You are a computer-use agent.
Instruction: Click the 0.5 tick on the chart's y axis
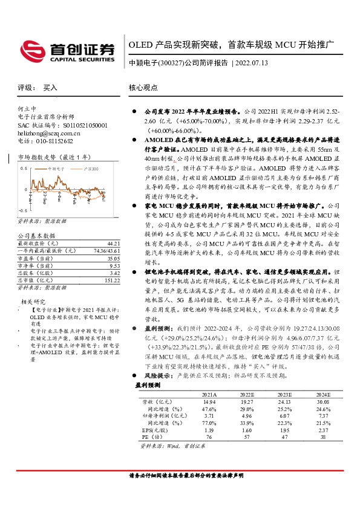pyautogui.click(x=24, y=169)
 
